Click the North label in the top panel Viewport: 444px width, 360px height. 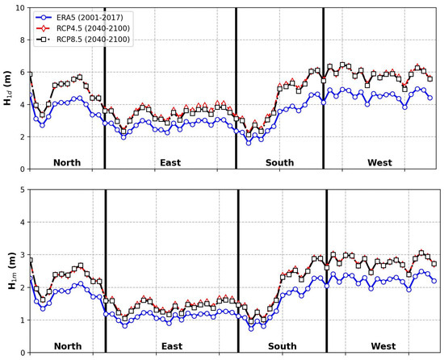click(x=67, y=163)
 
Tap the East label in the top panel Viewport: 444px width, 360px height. click(x=170, y=163)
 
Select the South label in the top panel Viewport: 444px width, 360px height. click(x=280, y=163)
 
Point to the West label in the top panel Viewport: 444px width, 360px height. click(x=379, y=163)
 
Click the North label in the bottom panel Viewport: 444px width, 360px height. click(x=67, y=346)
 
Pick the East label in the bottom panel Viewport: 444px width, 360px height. click(x=171, y=346)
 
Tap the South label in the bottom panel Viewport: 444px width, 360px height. click(x=283, y=346)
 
